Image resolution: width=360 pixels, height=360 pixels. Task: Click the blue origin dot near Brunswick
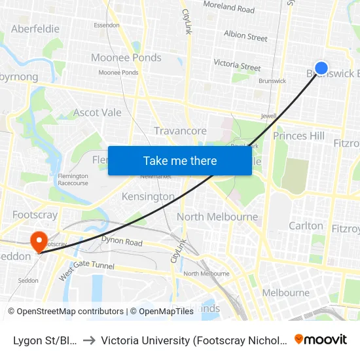[x=321, y=68]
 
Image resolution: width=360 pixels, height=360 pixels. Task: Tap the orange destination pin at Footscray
[x=39, y=241]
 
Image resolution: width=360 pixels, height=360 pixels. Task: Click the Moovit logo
[x=320, y=339]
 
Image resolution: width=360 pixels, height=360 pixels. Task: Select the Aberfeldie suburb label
[x=35, y=29]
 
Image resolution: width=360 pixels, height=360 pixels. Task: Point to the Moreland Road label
[x=228, y=8]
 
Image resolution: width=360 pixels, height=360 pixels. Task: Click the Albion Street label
[x=245, y=35]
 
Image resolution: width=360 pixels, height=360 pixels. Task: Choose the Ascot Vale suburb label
[x=97, y=113]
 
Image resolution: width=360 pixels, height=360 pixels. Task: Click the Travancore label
[x=180, y=131]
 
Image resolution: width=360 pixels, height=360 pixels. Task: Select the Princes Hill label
[x=298, y=136]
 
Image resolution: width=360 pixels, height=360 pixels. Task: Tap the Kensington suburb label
[x=148, y=196]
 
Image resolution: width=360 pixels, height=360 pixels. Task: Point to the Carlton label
[x=306, y=226]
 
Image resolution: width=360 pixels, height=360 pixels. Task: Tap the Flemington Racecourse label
[x=72, y=179]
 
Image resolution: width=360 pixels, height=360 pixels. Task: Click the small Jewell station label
[x=269, y=116]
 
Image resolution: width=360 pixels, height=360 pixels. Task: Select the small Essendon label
[x=107, y=25]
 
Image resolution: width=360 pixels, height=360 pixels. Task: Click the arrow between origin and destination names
[x=88, y=340]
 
